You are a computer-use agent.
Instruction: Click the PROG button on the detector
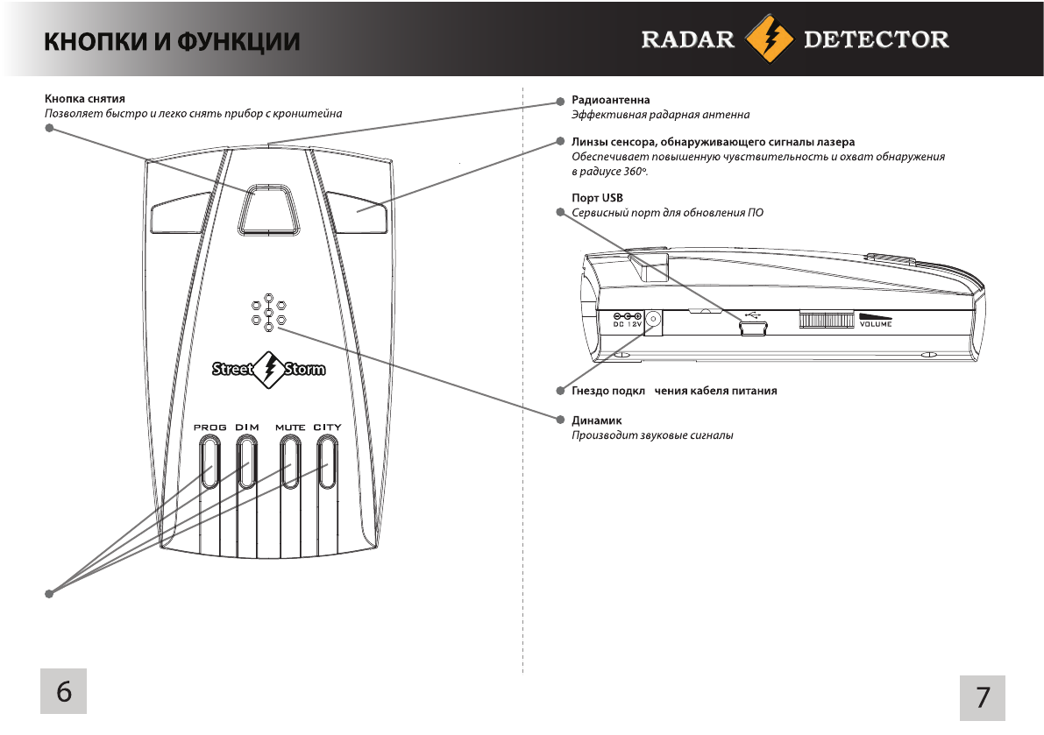(x=210, y=462)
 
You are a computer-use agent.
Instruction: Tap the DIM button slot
(x=247, y=462)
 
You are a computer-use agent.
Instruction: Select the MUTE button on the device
(x=289, y=462)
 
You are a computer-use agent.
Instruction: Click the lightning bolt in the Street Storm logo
(x=269, y=370)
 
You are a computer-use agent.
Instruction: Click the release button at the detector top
(x=269, y=209)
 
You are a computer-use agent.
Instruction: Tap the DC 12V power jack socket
(x=652, y=322)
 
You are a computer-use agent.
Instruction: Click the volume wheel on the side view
(x=826, y=320)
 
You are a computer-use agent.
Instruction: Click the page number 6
(x=64, y=693)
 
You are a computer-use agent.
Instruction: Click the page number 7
(x=982, y=698)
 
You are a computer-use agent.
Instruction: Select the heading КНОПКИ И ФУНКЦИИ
(x=172, y=41)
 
